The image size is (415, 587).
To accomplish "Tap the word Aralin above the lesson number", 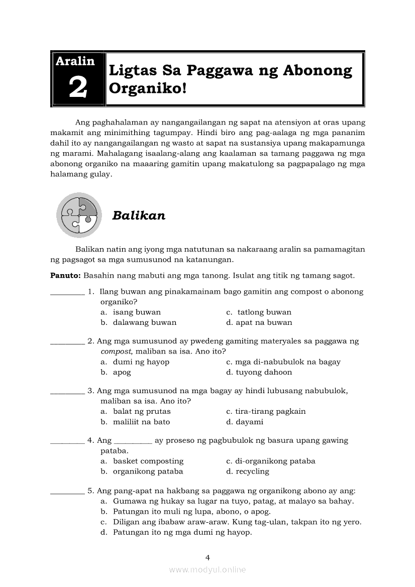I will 75,61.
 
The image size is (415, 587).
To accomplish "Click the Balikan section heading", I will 139,215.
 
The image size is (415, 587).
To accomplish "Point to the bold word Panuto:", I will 66,276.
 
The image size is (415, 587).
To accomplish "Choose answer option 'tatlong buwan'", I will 264,312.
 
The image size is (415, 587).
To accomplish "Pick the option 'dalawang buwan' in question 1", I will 145,323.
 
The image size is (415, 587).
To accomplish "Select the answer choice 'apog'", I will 122,373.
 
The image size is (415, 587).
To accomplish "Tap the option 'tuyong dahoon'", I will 264,373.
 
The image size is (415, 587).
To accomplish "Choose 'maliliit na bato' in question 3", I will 141,422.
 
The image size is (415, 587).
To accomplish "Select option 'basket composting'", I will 148,461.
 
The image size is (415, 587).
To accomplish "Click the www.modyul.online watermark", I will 207,570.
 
